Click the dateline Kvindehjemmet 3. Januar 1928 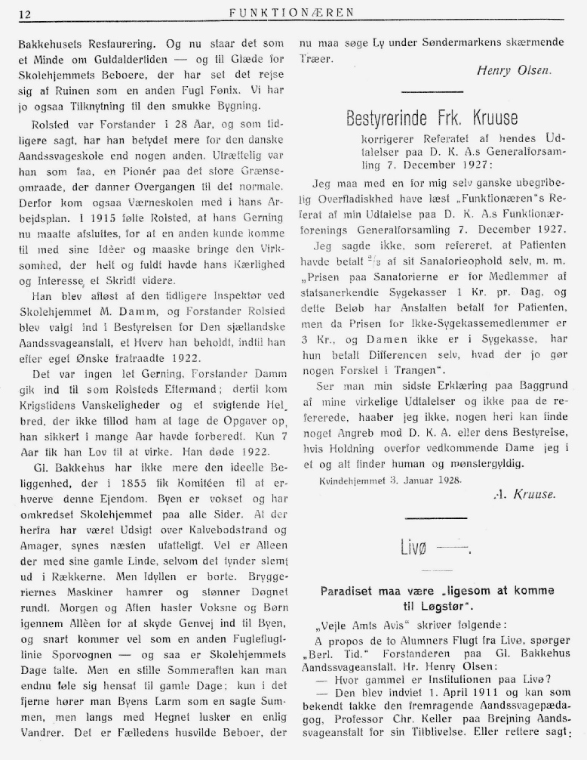pyautogui.click(x=389, y=478)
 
